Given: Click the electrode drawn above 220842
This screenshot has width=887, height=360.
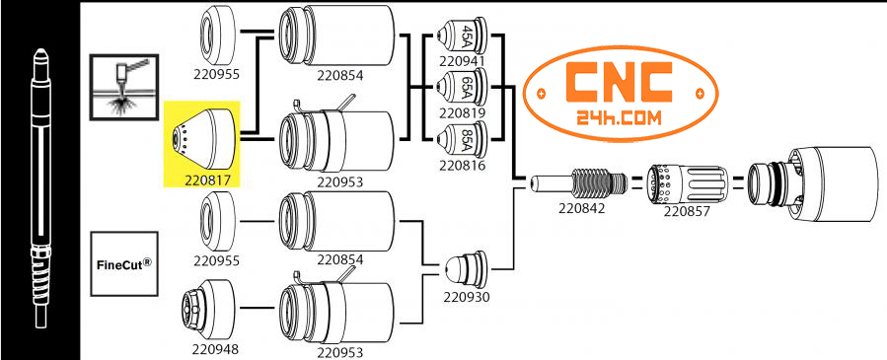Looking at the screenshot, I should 578,184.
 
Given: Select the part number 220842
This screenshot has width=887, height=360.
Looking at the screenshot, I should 579,209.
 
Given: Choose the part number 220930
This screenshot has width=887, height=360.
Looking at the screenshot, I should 464,295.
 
